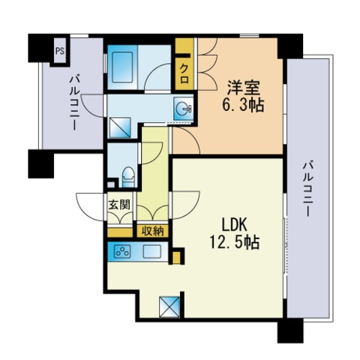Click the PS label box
pos(60,51)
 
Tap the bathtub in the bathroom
pos(122,67)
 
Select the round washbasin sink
pos(183,109)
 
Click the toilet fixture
pos(129,177)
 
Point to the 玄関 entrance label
pos(119,205)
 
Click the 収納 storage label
pos(152,231)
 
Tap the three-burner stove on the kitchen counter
pos(122,252)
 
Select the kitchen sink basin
pos(152,252)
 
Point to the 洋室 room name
pos(243,88)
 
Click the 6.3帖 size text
pos(243,106)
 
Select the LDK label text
pos(235,224)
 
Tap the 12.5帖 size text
pos(234,242)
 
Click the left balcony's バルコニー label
pos(74,103)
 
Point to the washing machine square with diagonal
pos(120,127)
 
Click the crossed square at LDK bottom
pos(169,307)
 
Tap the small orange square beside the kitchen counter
pos(176,257)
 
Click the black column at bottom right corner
pos(290,331)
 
